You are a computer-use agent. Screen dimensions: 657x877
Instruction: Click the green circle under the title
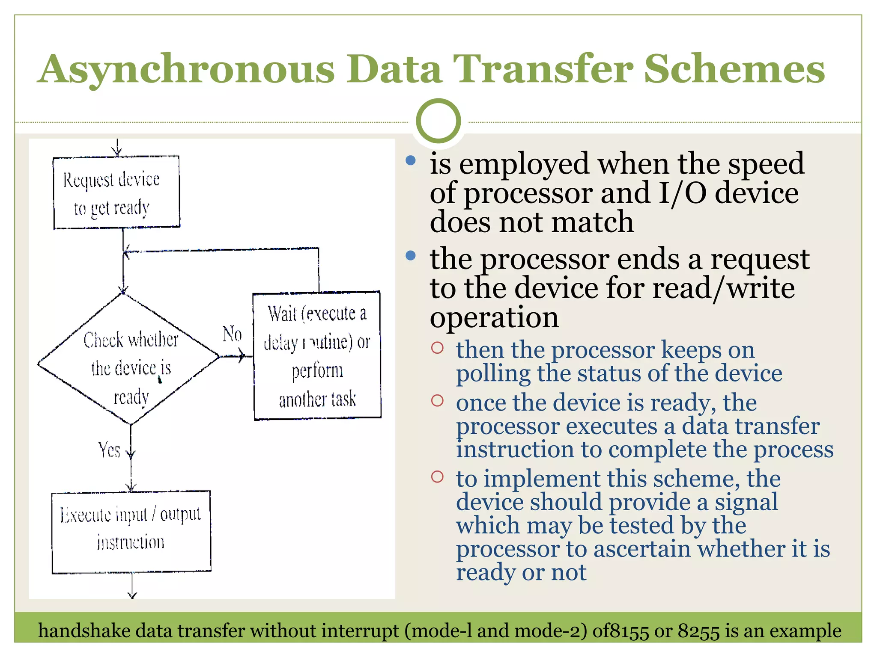click(438, 121)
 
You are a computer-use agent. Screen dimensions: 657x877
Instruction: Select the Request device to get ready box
click(116, 192)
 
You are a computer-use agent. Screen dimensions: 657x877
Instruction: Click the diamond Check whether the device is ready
click(128, 359)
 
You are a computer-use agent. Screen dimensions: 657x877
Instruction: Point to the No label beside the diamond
click(232, 334)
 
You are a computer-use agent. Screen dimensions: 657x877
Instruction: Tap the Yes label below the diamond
click(109, 450)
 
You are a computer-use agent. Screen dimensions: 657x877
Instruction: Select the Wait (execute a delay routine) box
click(317, 356)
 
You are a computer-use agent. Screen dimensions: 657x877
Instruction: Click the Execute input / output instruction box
click(131, 532)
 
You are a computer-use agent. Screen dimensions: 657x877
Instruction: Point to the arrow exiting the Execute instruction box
click(132, 592)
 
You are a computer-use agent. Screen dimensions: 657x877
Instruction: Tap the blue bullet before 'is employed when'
click(410, 161)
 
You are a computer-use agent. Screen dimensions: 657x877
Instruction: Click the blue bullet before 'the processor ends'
click(410, 256)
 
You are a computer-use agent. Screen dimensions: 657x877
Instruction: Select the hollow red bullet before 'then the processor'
click(437, 348)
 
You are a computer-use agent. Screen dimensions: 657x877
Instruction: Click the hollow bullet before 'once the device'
click(437, 401)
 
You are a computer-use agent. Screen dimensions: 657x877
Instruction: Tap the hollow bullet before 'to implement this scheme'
click(437, 476)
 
